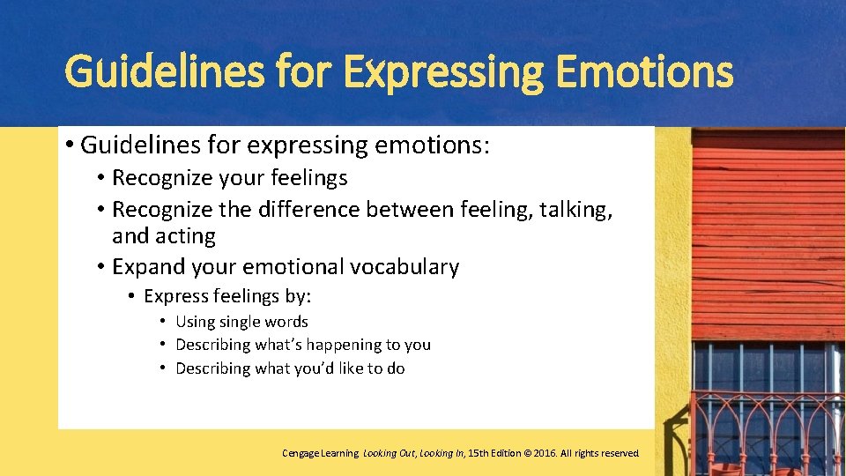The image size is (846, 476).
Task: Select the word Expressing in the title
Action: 444,72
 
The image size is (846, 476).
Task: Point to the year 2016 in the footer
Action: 539,453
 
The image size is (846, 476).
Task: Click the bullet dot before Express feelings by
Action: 130,295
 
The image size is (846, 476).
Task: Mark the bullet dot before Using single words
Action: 163,322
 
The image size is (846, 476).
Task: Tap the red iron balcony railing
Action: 767,423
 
